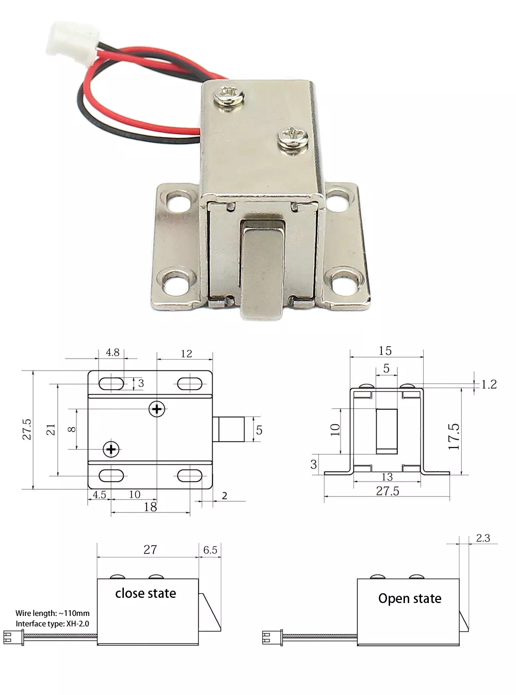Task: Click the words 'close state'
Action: (146, 593)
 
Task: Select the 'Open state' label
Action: (410, 598)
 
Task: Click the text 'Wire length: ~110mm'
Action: (52, 613)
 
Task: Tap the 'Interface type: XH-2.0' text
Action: (52, 624)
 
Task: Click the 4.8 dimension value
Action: (112, 352)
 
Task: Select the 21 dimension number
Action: (51, 429)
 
